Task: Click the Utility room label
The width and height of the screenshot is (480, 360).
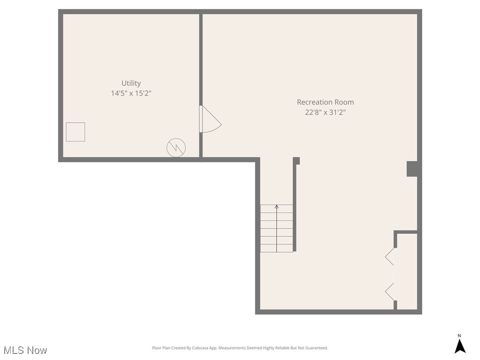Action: coord(131,83)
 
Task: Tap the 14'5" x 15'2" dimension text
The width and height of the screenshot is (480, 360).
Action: coord(131,93)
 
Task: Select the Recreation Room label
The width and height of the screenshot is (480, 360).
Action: coord(325,102)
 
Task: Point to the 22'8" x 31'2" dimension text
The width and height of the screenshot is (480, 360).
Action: coord(325,112)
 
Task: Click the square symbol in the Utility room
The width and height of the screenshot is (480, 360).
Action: coord(75,132)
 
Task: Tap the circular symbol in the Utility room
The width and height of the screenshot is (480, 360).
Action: coord(176,148)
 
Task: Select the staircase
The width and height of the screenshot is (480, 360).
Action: coord(277,229)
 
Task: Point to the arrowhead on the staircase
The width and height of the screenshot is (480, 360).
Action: coord(277,206)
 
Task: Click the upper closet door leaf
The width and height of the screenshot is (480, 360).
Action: coord(390,257)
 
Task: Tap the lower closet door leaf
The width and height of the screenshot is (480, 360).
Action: coord(390,292)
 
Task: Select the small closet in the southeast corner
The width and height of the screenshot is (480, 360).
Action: coord(407,272)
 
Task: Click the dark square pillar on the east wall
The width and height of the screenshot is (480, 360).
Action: coord(412,169)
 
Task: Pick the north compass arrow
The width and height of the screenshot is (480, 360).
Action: coord(460,346)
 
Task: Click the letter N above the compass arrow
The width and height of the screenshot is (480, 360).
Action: coord(459,336)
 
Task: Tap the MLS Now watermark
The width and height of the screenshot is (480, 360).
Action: coord(25,350)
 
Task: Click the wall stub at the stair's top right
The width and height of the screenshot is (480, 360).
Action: coord(296,161)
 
